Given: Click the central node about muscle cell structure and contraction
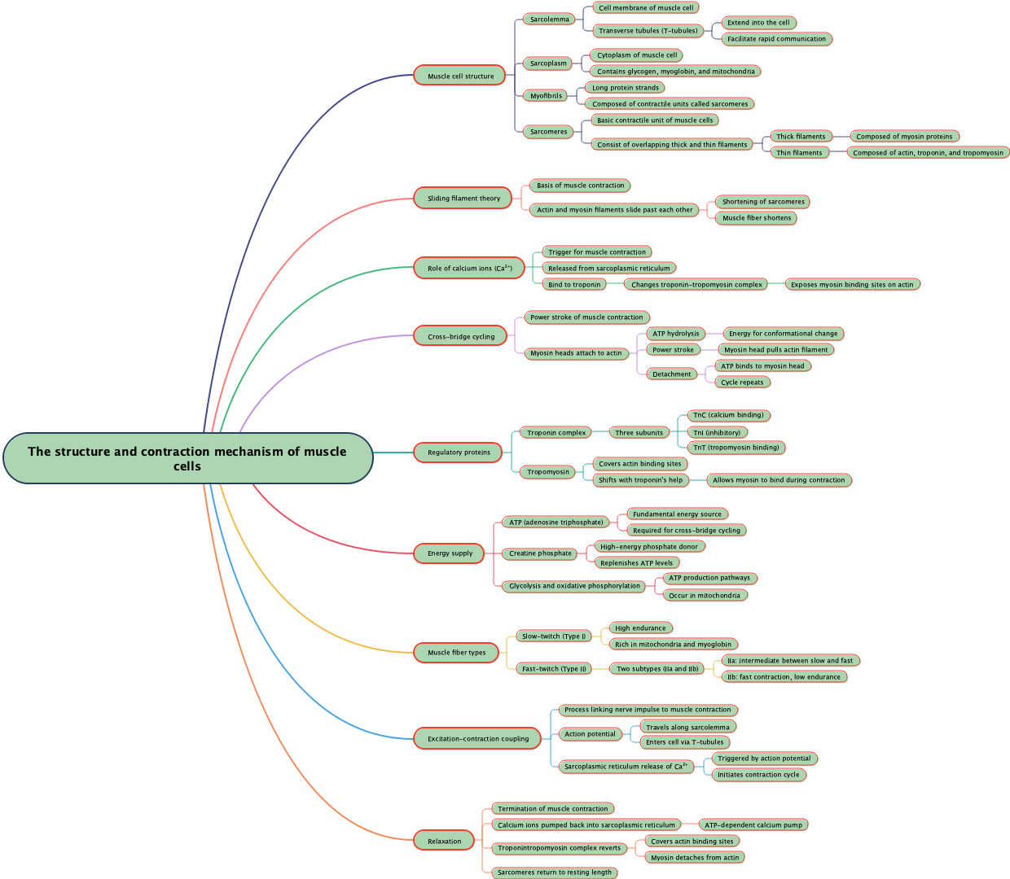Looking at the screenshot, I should tap(187, 458).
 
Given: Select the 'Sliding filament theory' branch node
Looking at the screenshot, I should tap(463, 199).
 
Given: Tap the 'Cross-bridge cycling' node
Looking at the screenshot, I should tap(461, 337).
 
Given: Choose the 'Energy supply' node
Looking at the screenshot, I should tap(450, 553).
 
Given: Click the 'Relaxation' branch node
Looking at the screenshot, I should tap(444, 842).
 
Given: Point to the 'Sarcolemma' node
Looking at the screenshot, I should tap(550, 20).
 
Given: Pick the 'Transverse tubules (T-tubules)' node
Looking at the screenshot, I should tap(648, 31).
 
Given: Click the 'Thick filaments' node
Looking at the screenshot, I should tap(801, 137).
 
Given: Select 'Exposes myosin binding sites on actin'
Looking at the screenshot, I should tap(852, 285).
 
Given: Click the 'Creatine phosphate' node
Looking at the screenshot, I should tap(540, 553).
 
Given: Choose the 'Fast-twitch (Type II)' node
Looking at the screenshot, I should tap(554, 669).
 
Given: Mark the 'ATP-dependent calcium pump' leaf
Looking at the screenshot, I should tap(753, 825).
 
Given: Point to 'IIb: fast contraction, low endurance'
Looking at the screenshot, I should tap(784, 677).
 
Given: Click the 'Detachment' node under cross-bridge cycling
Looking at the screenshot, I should tap(672, 374).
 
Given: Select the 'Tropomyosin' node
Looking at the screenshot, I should tap(548, 472).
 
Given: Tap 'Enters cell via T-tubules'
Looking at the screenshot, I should tap(684, 742).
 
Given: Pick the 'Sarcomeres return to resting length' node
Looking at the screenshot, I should tap(555, 872).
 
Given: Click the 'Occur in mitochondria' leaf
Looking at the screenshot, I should tap(705, 596).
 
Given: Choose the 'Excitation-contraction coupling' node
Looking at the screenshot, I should tap(478, 739).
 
